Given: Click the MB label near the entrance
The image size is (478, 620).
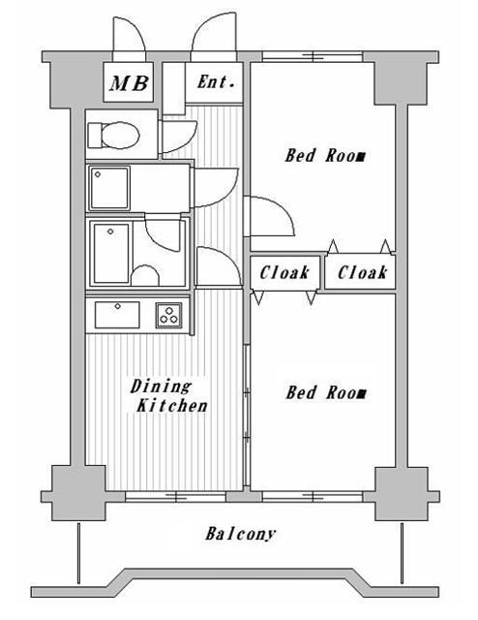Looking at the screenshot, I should pyautogui.click(x=128, y=84).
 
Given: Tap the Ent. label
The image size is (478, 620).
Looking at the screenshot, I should pyautogui.click(x=217, y=82).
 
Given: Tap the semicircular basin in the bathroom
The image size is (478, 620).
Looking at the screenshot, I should pyautogui.click(x=144, y=277).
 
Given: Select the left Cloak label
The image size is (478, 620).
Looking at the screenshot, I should pyautogui.click(x=284, y=273).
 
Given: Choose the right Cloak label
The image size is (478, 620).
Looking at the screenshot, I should pyautogui.click(x=363, y=273).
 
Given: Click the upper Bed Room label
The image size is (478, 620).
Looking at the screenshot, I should pyautogui.click(x=325, y=155).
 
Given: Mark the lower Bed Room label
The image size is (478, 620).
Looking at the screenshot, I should pyautogui.click(x=325, y=392).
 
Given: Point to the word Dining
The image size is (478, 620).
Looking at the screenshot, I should pyautogui.click(x=160, y=387).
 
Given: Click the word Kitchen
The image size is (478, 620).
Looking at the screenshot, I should pyautogui.click(x=170, y=406).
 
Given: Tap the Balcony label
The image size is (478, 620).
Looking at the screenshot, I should pyautogui.click(x=241, y=534).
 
